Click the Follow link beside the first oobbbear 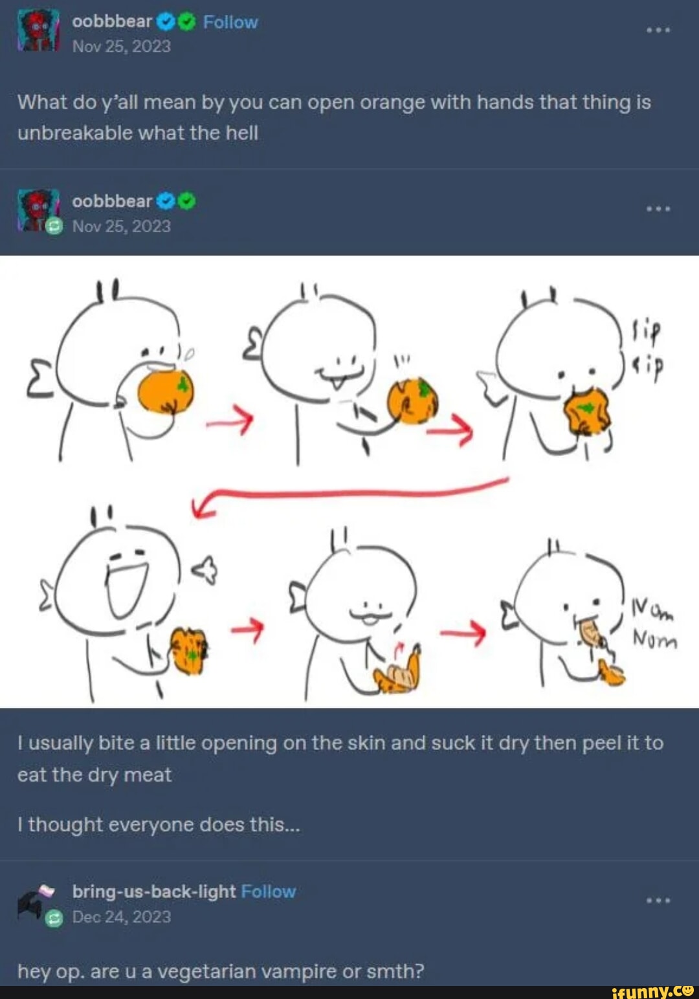click(230, 22)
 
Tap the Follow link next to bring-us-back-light click(268, 892)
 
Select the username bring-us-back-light click(154, 892)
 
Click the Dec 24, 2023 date click(122, 917)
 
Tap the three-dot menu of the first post click(658, 30)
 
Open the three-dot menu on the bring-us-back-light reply click(658, 901)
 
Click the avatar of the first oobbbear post click(38, 30)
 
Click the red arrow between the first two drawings click(229, 421)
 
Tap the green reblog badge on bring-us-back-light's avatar click(54, 919)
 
